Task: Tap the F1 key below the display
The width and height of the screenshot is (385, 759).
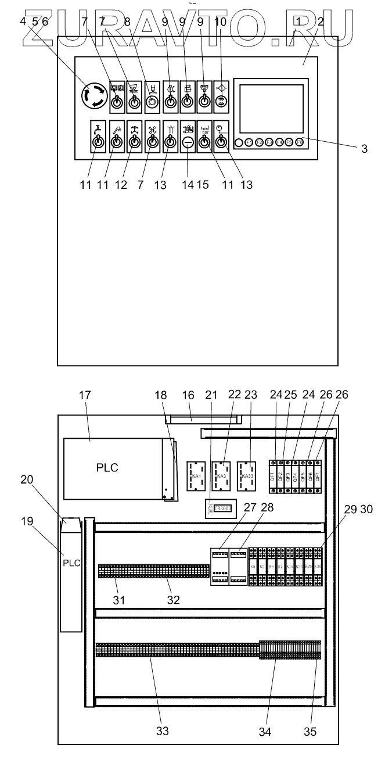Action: point(249,142)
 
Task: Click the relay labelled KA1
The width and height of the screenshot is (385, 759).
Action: point(197,476)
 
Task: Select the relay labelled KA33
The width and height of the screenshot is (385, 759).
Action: point(247,476)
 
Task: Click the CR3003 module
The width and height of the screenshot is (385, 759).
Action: point(221,507)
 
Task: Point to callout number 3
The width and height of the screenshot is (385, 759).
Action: point(364,149)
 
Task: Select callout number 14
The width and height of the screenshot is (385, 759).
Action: point(188,185)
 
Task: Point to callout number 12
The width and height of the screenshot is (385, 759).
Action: point(135,185)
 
